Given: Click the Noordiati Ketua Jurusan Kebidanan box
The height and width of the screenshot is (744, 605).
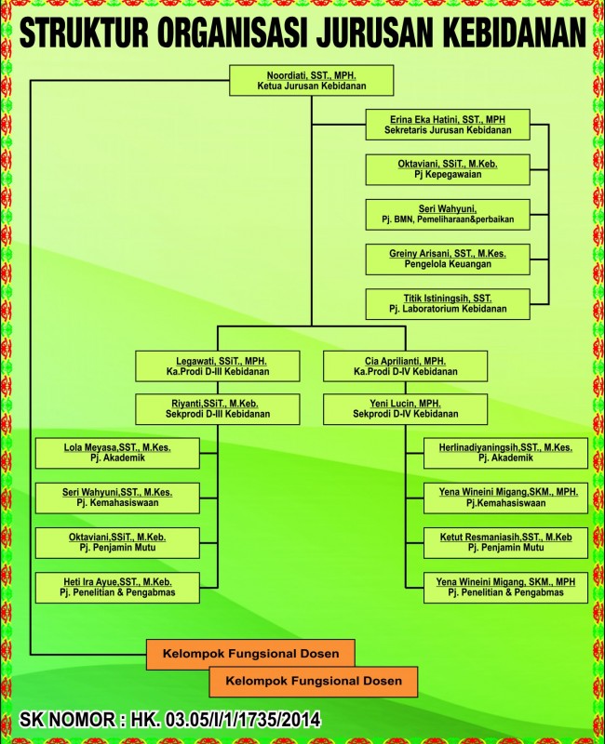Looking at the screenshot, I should [x=312, y=81].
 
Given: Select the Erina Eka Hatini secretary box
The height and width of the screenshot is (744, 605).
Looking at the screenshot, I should [x=447, y=125].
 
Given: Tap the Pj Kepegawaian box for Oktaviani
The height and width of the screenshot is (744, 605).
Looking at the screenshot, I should [x=447, y=169].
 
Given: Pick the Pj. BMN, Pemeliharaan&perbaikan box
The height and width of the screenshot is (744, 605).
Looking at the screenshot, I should [x=447, y=214].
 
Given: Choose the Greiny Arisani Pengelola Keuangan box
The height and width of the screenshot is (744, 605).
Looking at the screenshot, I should [x=447, y=259].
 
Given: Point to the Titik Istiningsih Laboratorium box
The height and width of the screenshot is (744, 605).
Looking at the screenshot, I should [x=447, y=303].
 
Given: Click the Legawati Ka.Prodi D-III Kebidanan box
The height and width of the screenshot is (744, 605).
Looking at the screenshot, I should [x=218, y=365].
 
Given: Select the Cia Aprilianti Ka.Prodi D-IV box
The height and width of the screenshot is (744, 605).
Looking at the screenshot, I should [x=406, y=365].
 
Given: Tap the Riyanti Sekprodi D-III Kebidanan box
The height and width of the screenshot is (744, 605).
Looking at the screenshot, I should [x=218, y=408].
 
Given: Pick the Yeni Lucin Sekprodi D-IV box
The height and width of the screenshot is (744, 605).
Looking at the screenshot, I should [x=406, y=408].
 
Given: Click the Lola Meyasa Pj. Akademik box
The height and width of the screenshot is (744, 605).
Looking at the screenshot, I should [x=117, y=453].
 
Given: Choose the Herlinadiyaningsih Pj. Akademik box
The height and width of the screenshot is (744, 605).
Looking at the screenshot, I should [x=505, y=453].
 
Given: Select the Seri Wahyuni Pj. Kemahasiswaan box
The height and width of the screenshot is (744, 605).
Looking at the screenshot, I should [x=117, y=498].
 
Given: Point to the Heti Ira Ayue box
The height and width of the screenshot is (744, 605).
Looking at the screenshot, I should [x=117, y=587].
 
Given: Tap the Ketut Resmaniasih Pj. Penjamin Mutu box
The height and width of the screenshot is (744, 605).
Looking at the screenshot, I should [x=505, y=542].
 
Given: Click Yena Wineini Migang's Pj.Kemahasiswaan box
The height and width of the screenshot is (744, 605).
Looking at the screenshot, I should [x=505, y=498].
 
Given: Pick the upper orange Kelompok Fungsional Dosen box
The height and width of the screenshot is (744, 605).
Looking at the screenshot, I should [x=250, y=654].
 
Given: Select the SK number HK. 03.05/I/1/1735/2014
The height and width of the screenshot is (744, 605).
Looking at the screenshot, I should [x=233, y=719].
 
